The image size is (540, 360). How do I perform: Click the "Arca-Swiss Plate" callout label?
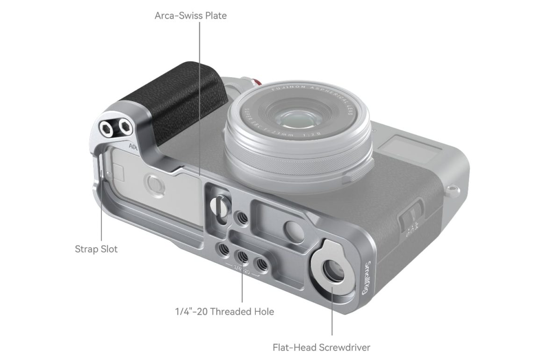tap(191, 15)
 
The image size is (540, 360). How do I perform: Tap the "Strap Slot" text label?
tap(96, 249)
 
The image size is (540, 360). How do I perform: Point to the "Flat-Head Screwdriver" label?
tap(322, 347)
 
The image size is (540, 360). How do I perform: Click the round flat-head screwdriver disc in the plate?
tap(332, 272)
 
